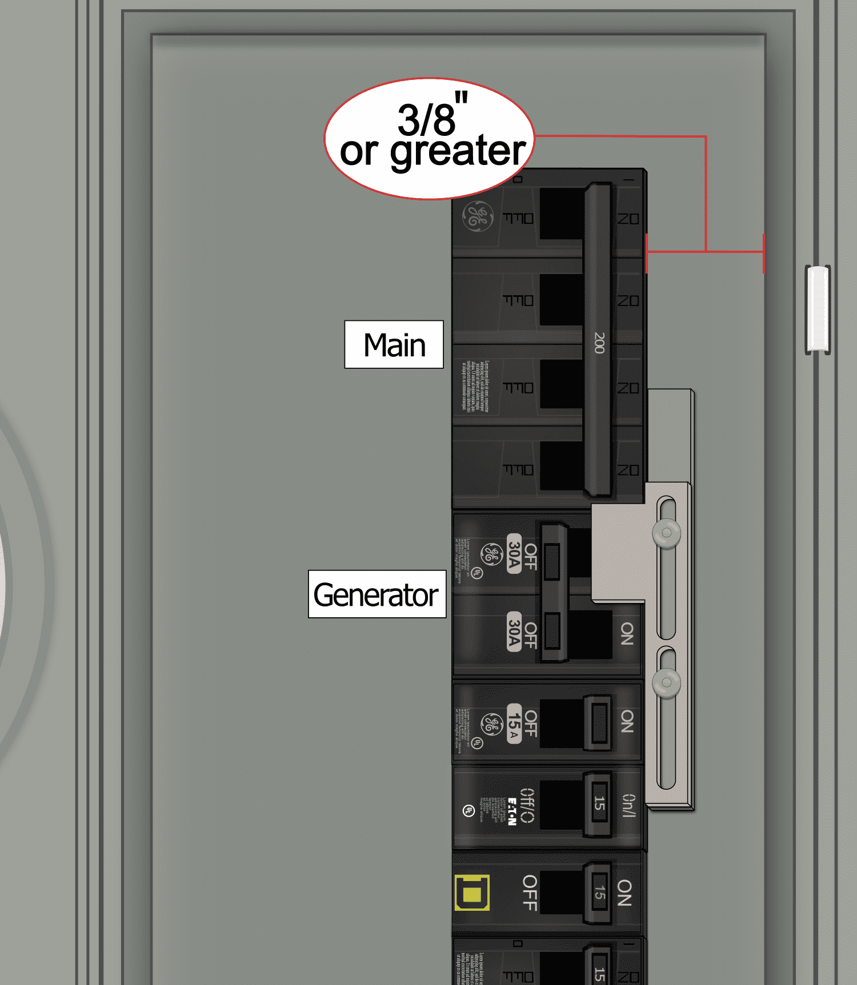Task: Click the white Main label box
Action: click(394, 344)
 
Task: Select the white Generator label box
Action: click(377, 594)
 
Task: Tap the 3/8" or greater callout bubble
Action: click(430, 138)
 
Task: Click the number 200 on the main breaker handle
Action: click(599, 343)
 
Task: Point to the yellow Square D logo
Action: click(471, 892)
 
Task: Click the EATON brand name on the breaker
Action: click(512, 811)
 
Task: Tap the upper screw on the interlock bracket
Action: click(666, 533)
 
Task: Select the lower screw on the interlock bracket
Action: click(666, 682)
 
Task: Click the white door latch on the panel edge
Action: click(818, 309)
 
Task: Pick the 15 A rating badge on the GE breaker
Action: click(514, 723)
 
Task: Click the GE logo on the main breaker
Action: click(477, 216)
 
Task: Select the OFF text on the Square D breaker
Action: click(530, 892)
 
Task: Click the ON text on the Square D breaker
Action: click(624, 892)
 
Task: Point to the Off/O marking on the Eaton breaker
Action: click(527, 805)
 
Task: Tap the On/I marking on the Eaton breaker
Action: click(628, 805)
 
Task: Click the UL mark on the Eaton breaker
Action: click(468, 811)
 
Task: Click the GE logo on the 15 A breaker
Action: click(491, 724)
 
